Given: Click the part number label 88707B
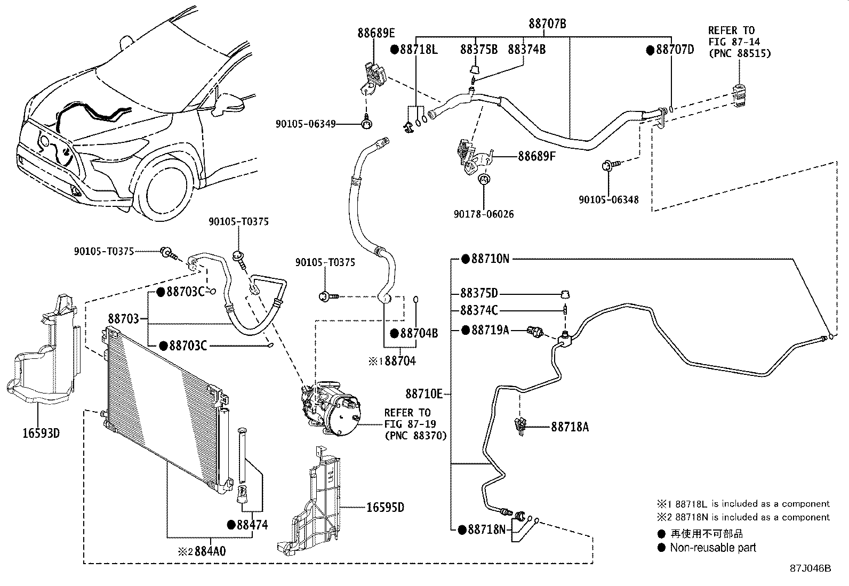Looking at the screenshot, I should pyautogui.click(x=547, y=23).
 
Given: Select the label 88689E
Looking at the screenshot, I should pyautogui.click(x=377, y=33).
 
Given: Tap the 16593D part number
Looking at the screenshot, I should pyautogui.click(x=41, y=433).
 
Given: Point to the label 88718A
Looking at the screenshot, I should pyautogui.click(x=570, y=427).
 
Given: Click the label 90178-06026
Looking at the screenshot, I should pyautogui.click(x=484, y=214).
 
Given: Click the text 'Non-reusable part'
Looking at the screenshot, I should pyautogui.click(x=712, y=548).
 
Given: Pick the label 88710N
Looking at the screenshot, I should pyautogui.click(x=490, y=259).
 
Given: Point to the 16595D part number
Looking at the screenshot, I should pyautogui.click(x=385, y=507).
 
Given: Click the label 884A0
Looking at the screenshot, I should pyautogui.click(x=210, y=551).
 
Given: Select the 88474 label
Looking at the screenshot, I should pyautogui.click(x=252, y=525).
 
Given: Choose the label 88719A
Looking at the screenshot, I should pyautogui.click(x=490, y=330).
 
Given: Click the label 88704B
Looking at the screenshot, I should pyautogui.click(x=419, y=334).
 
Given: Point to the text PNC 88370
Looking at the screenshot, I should pyautogui.click(x=415, y=436).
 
